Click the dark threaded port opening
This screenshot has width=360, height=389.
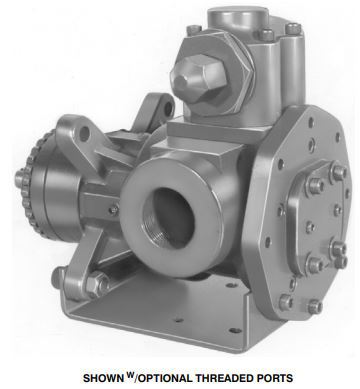click(168, 218)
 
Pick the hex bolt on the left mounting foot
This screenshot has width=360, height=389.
click(96, 283)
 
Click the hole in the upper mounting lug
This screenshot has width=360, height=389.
click(84, 133)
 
